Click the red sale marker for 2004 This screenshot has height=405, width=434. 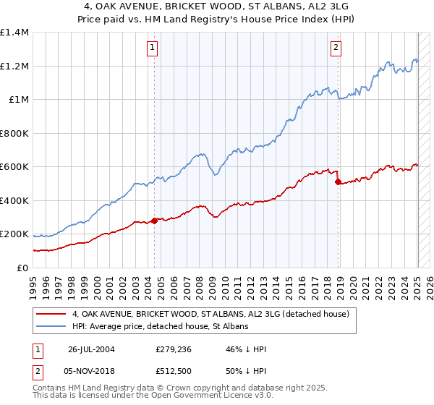coord(155,221)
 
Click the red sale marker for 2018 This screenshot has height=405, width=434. coord(338,182)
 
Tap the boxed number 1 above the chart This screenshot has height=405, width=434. coord(153,48)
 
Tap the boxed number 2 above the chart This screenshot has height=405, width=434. coord(336,48)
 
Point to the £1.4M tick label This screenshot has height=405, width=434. coord(14,33)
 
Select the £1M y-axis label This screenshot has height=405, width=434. coord(18,100)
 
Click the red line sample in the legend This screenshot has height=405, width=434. coord(52,314)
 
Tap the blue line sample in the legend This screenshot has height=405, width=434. coord(52,326)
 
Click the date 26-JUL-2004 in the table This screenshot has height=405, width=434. coord(92,349)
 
